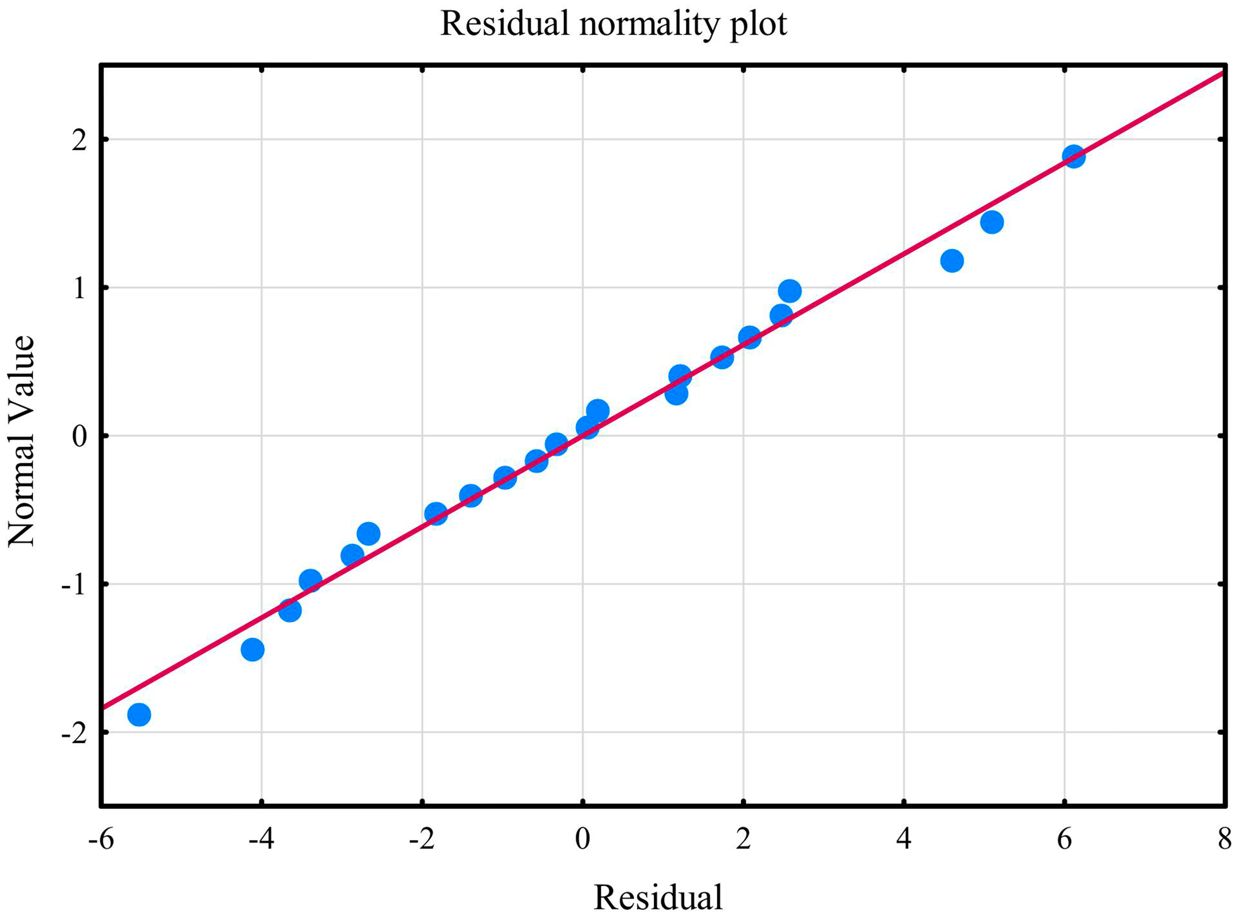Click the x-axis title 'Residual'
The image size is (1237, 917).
coord(659,896)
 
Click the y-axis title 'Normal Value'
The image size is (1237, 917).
coord(22,441)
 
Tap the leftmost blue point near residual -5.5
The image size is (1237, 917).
coord(139,714)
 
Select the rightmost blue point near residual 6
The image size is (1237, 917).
coord(1073,156)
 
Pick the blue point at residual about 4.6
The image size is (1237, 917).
coord(952,260)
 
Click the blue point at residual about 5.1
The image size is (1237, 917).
coord(992,223)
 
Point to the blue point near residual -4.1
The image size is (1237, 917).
coord(252,649)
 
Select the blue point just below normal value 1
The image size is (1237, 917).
coord(789,291)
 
